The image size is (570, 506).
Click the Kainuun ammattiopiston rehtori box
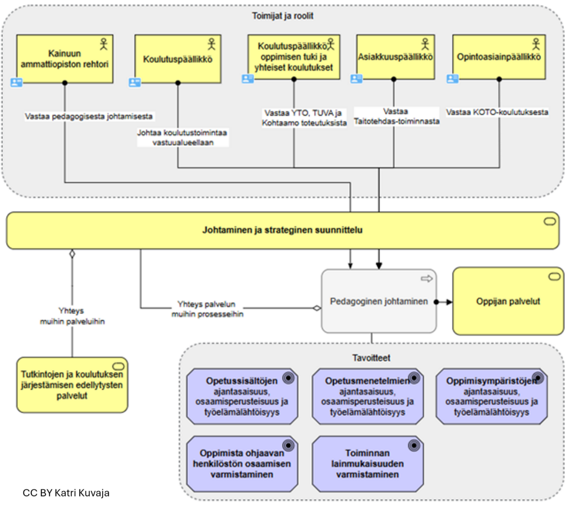click(x=65, y=59)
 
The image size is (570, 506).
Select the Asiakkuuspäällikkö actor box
click(x=395, y=57)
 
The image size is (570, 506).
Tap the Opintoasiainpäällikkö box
click(x=499, y=57)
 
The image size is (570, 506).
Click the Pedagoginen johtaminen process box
click(x=379, y=301)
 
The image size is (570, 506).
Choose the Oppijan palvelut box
click(x=508, y=301)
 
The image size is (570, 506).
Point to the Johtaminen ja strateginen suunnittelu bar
click(x=282, y=230)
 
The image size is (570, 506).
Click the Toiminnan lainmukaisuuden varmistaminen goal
click(x=367, y=464)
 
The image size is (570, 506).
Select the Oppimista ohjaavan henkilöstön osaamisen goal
click(x=242, y=464)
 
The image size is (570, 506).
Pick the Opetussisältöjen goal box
click(x=242, y=396)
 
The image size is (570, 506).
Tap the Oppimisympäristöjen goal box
click(x=491, y=396)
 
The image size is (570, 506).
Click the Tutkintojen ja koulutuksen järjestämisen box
click(x=72, y=385)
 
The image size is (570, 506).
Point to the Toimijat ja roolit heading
click(x=283, y=16)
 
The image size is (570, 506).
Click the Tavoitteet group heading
click(x=371, y=358)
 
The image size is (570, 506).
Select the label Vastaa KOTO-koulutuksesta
click(x=497, y=113)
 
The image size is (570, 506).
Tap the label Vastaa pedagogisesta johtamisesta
click(x=89, y=116)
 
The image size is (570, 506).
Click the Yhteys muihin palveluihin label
click(x=72, y=316)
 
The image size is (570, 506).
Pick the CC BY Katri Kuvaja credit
click(x=66, y=493)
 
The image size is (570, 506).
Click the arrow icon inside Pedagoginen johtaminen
click(x=427, y=278)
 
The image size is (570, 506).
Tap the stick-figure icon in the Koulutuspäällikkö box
click(x=212, y=44)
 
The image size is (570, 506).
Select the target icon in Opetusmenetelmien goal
click(x=414, y=378)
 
